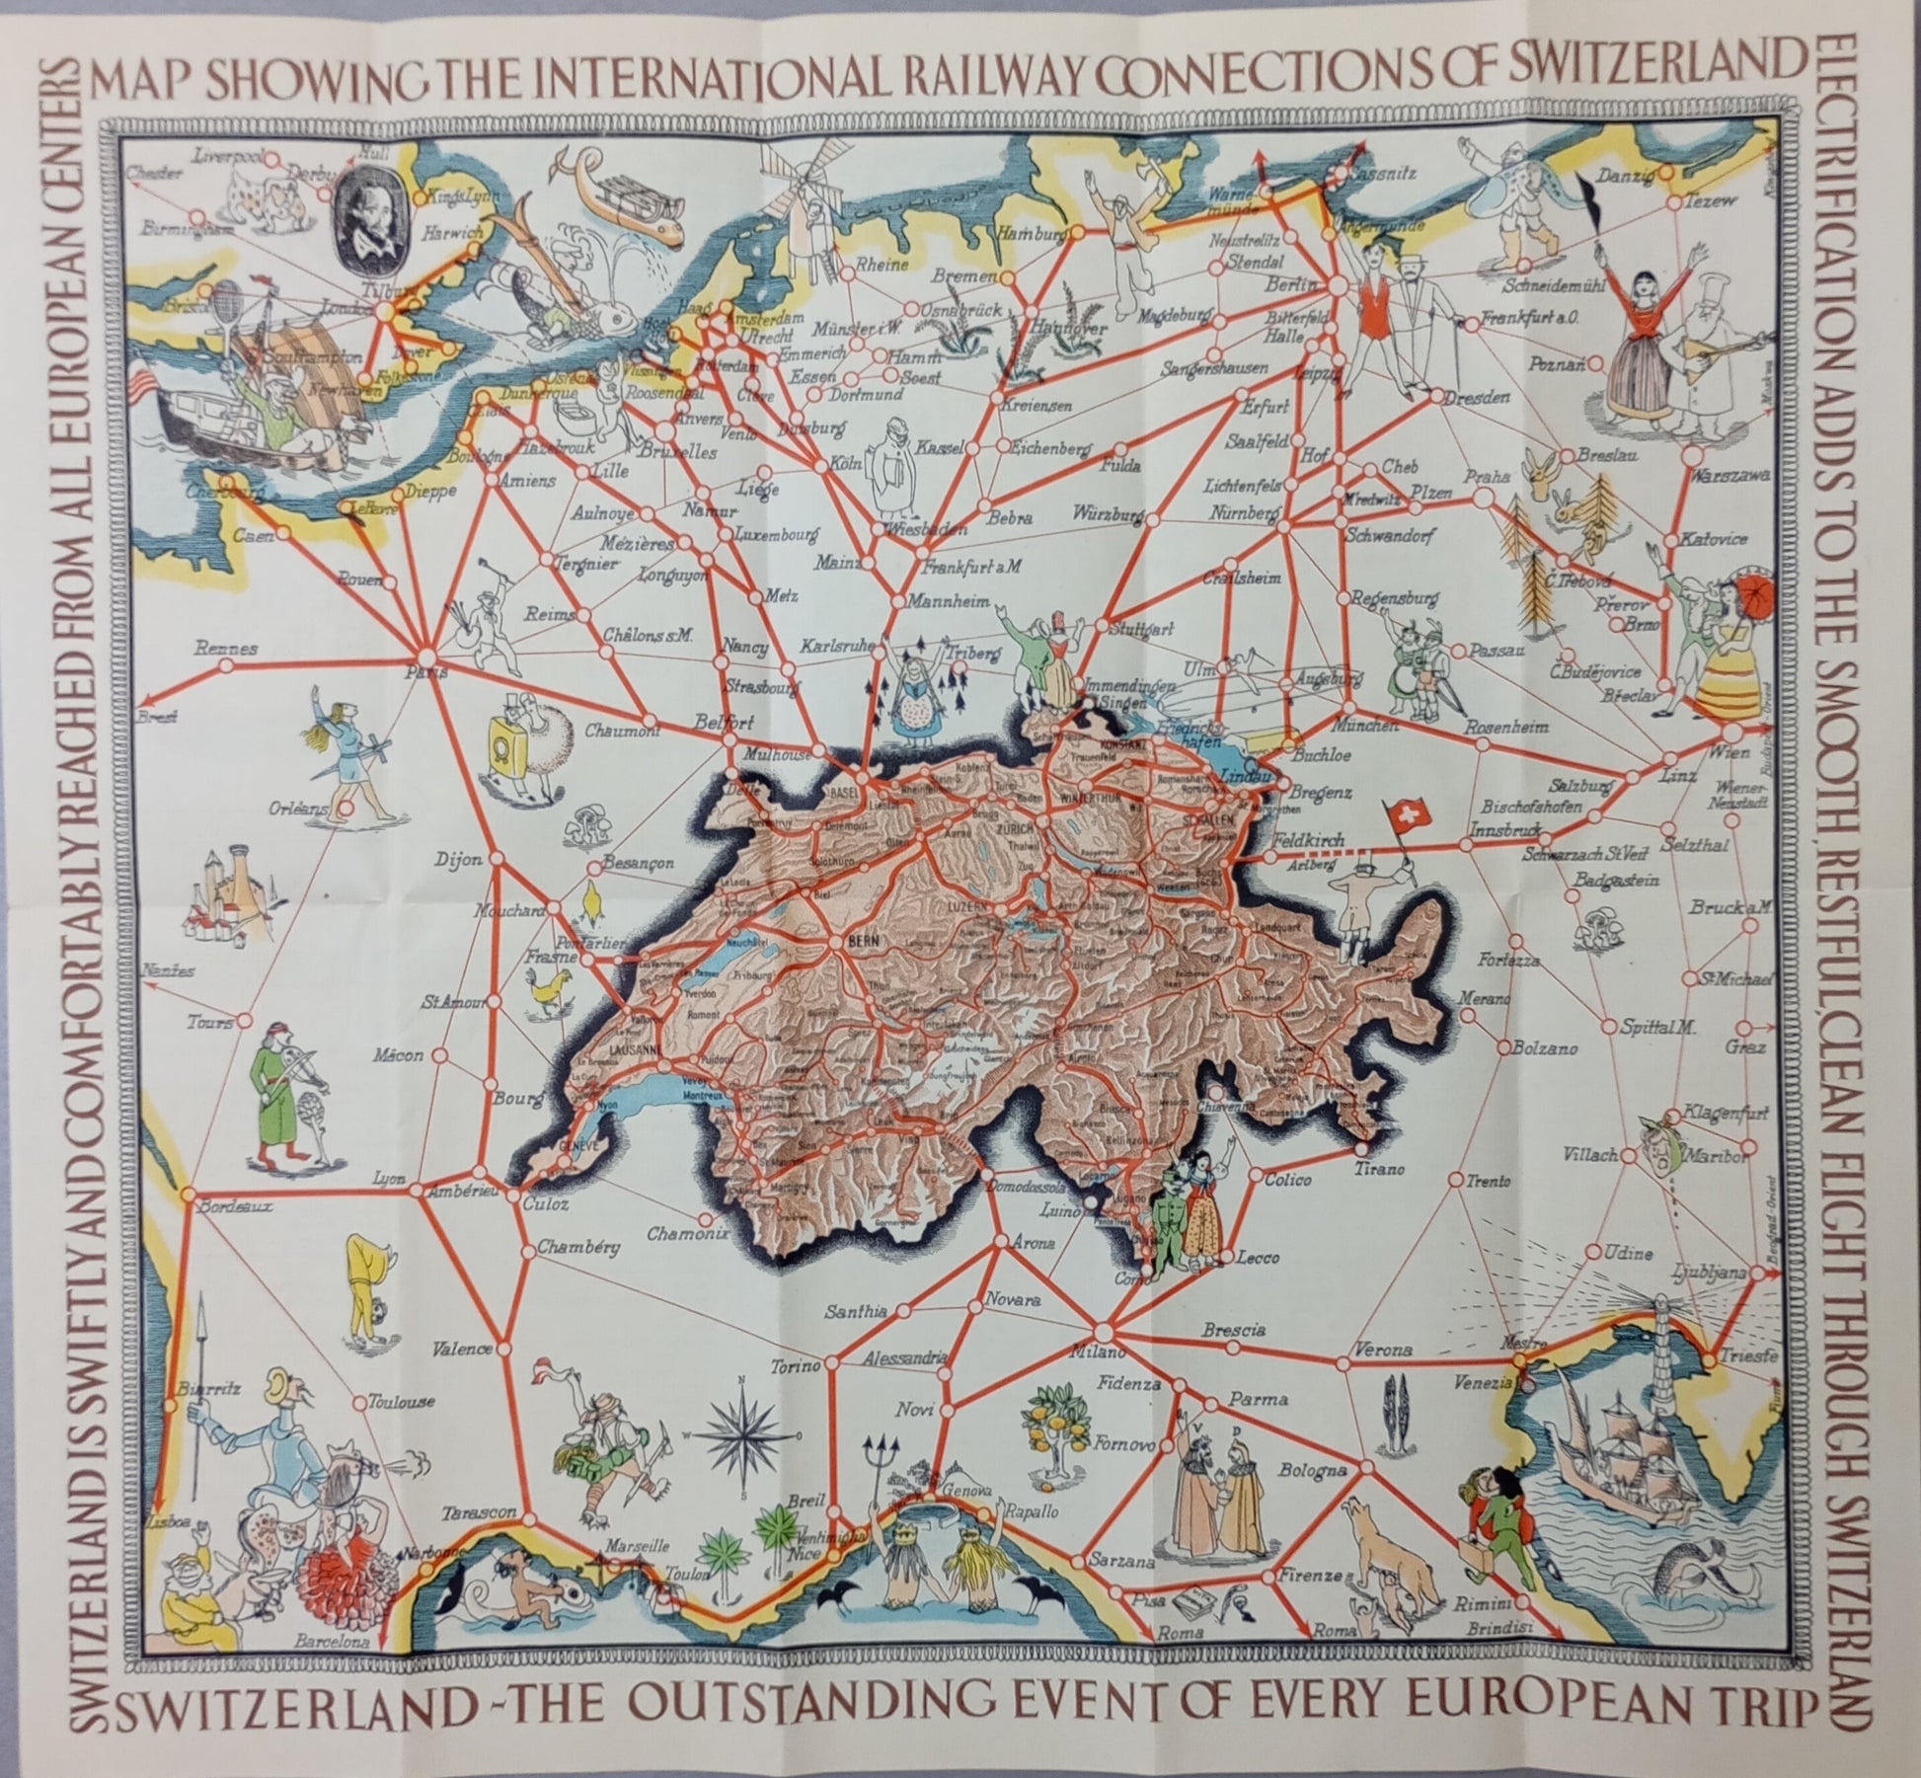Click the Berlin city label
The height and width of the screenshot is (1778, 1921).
coord(1292,284)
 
